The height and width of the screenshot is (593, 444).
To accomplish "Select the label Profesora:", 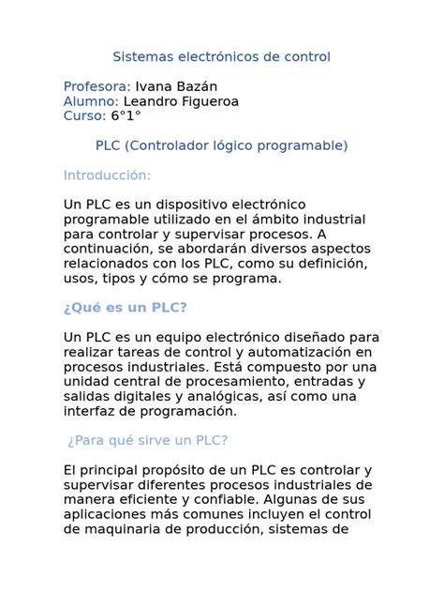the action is coord(97,86).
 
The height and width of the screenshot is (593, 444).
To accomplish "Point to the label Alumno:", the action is coord(91,100).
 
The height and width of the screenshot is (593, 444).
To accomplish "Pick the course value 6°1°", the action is coord(126,115).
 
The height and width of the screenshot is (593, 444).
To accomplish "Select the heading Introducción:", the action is coord(107,175).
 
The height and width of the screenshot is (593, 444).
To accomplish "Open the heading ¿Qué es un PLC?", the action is coord(126,308).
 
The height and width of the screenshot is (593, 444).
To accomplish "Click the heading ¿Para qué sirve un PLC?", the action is coord(148,440).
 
